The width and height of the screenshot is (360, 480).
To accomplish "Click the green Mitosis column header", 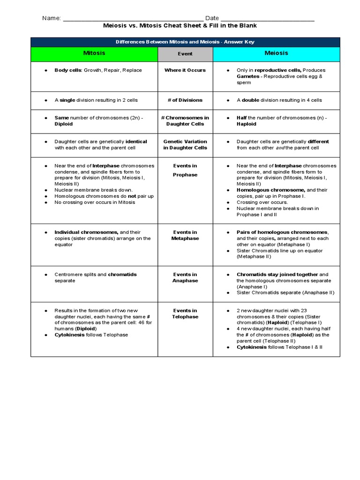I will click(x=94, y=53).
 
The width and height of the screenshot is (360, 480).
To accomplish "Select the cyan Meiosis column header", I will click(x=276, y=53).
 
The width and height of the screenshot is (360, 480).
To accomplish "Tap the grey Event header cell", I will click(x=185, y=54).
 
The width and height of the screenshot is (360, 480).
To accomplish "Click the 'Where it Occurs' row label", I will click(x=185, y=70).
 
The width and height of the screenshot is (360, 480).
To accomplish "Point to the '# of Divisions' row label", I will click(x=185, y=100).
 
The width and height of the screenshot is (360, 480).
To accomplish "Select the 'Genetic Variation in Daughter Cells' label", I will click(x=185, y=144).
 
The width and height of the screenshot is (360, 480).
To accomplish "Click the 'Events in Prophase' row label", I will click(x=185, y=170).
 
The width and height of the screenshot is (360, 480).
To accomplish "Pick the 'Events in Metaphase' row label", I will click(x=185, y=235).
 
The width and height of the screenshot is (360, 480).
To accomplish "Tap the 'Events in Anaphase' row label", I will click(x=185, y=277).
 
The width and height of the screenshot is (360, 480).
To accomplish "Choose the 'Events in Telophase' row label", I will click(x=185, y=314).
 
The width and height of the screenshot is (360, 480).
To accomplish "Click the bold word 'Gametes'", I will click(x=247, y=76).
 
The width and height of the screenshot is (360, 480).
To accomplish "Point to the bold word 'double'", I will click(x=250, y=100).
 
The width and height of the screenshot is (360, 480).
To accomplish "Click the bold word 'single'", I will click(x=67, y=100).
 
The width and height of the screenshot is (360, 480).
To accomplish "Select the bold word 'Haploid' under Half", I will click(x=247, y=124).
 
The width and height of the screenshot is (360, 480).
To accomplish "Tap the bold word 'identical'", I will click(x=136, y=142).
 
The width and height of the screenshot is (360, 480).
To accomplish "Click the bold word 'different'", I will click(x=318, y=142).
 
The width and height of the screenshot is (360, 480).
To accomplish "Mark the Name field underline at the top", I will click(x=133, y=19).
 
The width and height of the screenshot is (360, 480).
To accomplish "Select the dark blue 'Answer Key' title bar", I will click(x=185, y=42).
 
